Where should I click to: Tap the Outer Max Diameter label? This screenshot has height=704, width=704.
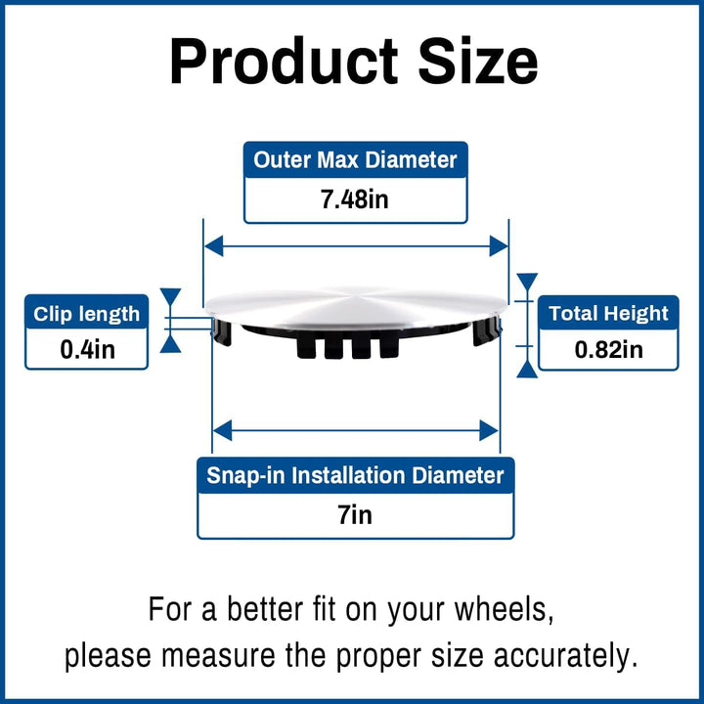coord(356,159)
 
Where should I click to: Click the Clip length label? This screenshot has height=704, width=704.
coord(87,314)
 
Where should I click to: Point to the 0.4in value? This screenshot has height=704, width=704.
coord(87,350)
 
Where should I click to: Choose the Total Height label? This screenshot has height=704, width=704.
coord(608,314)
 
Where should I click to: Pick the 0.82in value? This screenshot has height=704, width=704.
coord(608,350)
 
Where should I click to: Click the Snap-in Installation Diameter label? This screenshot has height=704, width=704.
coord(356,476)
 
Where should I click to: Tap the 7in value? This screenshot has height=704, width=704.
coord(356,514)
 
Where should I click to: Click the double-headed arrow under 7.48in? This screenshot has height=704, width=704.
coord(356,245)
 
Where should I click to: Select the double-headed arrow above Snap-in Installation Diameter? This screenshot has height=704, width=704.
coord(356,428)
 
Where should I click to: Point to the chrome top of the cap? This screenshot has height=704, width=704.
coord(356,304)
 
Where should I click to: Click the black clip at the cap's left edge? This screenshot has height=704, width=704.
coord(224,330)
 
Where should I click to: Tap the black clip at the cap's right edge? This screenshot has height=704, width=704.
coord(486,330)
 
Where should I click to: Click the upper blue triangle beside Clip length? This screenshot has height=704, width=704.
coord(171,297)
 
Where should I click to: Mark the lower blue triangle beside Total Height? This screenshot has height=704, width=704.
coord(527,368)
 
